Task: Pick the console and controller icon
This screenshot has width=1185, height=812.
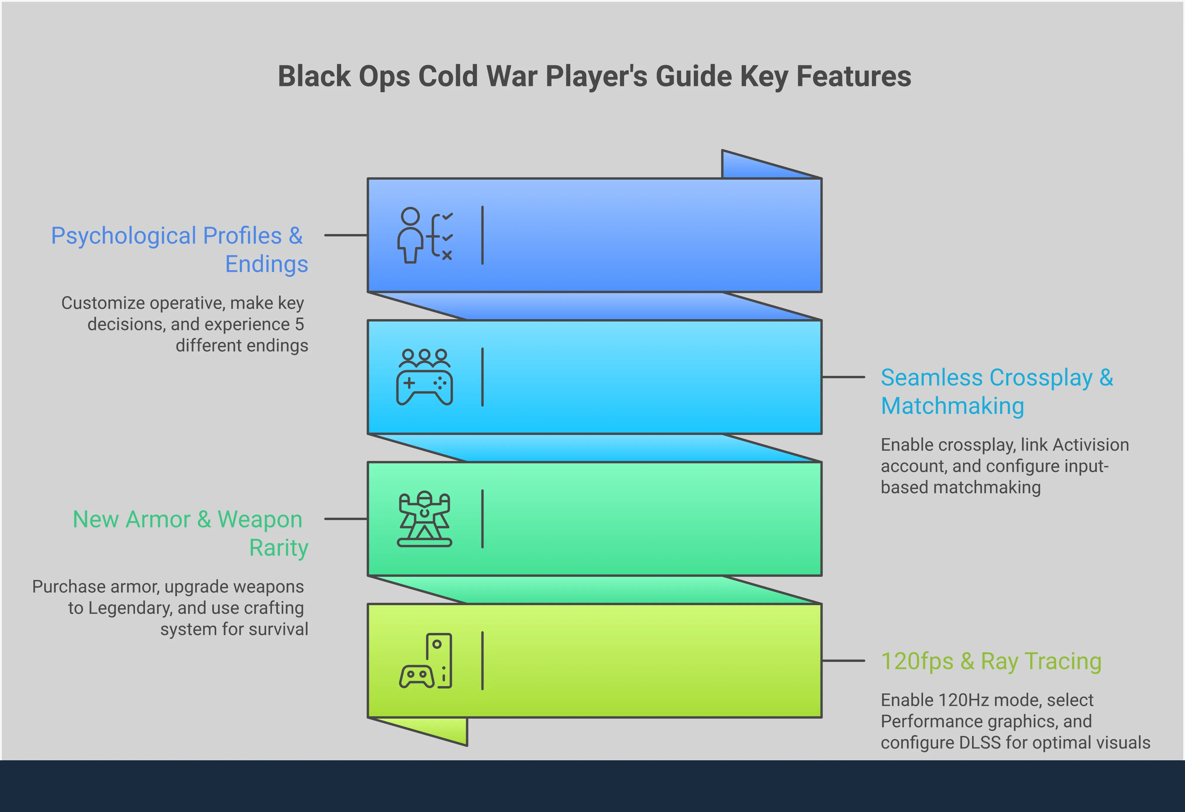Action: click(426, 661)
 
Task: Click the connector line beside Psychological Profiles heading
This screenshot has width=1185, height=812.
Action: click(346, 235)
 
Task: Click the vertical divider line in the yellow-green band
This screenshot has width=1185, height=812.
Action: click(482, 661)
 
